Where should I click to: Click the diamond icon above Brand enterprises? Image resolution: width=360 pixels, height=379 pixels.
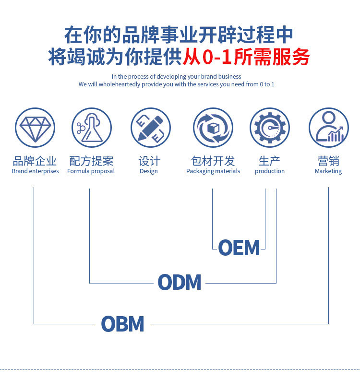point(35,128)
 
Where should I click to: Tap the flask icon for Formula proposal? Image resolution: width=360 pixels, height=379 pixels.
point(92,128)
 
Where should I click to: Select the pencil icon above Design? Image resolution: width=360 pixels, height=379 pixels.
point(151,128)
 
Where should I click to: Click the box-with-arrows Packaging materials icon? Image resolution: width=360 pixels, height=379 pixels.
point(213,128)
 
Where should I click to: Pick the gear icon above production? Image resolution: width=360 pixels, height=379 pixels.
point(270,128)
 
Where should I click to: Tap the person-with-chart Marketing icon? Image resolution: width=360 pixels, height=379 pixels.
point(329,128)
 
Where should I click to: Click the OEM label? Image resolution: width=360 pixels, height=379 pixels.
point(239,248)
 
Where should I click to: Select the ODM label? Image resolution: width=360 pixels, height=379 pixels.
point(180,282)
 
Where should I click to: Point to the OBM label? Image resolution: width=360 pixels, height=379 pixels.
point(122,324)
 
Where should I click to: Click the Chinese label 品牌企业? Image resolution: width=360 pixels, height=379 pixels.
point(35,161)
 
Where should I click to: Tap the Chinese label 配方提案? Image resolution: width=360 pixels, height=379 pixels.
point(91,161)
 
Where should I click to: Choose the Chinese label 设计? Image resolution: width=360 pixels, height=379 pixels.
point(149,161)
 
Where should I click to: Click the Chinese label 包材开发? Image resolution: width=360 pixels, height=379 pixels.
point(213,161)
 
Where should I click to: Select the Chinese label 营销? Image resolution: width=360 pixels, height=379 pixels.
point(328,161)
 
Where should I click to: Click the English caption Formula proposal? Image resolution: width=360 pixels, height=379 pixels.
point(91,171)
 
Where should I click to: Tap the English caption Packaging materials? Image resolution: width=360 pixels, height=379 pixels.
point(213,171)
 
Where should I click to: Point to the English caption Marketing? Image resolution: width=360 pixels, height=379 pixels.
point(328,171)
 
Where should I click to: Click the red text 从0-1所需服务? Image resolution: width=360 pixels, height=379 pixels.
point(246,57)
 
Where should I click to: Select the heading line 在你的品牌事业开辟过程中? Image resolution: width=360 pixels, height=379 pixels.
point(179,35)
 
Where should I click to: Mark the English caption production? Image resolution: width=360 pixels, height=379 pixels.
point(270,171)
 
